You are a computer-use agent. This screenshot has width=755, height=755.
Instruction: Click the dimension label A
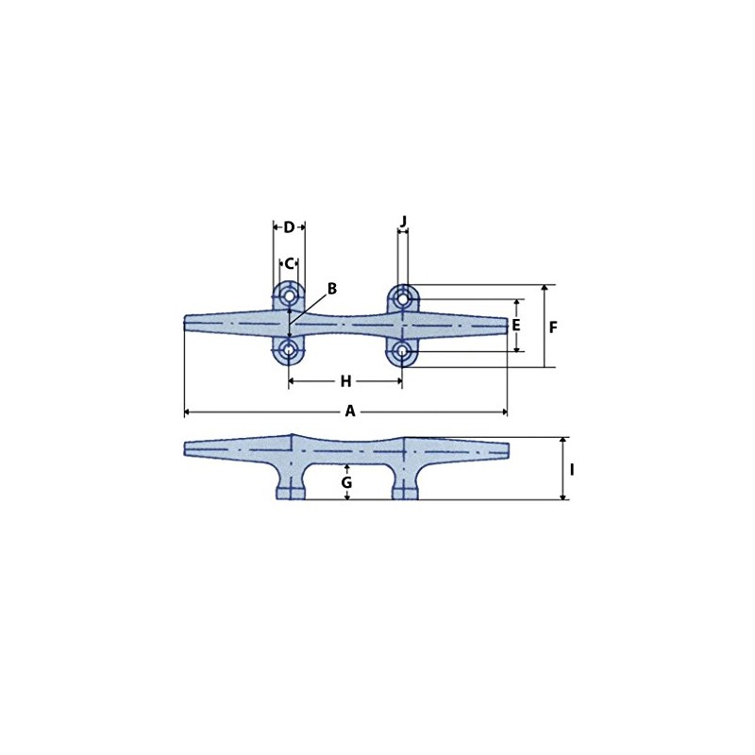tap(350, 411)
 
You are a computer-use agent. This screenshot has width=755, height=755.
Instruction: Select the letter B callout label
tap(331, 289)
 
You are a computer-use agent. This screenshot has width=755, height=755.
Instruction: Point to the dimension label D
tap(289, 227)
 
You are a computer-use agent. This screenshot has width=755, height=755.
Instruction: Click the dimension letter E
tap(516, 326)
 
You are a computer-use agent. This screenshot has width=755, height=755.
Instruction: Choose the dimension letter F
tap(553, 327)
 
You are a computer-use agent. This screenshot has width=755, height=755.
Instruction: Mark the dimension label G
tap(346, 482)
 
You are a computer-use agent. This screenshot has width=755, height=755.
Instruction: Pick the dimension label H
tap(345, 381)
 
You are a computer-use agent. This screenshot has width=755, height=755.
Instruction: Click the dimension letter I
tap(573, 469)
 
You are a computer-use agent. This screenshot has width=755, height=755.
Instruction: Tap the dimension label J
tap(403, 222)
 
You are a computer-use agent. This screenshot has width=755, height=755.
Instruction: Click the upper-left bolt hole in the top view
tap(289, 297)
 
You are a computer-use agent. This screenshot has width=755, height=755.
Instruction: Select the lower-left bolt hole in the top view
tap(289, 352)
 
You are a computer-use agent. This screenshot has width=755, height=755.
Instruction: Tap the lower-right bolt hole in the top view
tap(403, 352)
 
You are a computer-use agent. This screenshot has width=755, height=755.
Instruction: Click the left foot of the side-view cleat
tap(290, 492)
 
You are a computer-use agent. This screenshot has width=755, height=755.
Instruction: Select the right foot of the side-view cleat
tap(404, 492)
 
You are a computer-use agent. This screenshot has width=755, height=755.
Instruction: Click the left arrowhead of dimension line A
tap(187, 412)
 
